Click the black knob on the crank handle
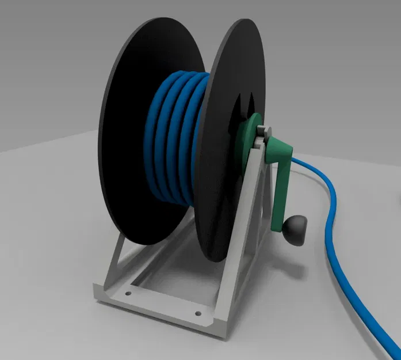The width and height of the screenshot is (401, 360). (x=296, y=229)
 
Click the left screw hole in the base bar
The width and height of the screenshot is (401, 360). (x=128, y=293)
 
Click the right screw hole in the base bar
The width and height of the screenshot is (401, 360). (x=198, y=314)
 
